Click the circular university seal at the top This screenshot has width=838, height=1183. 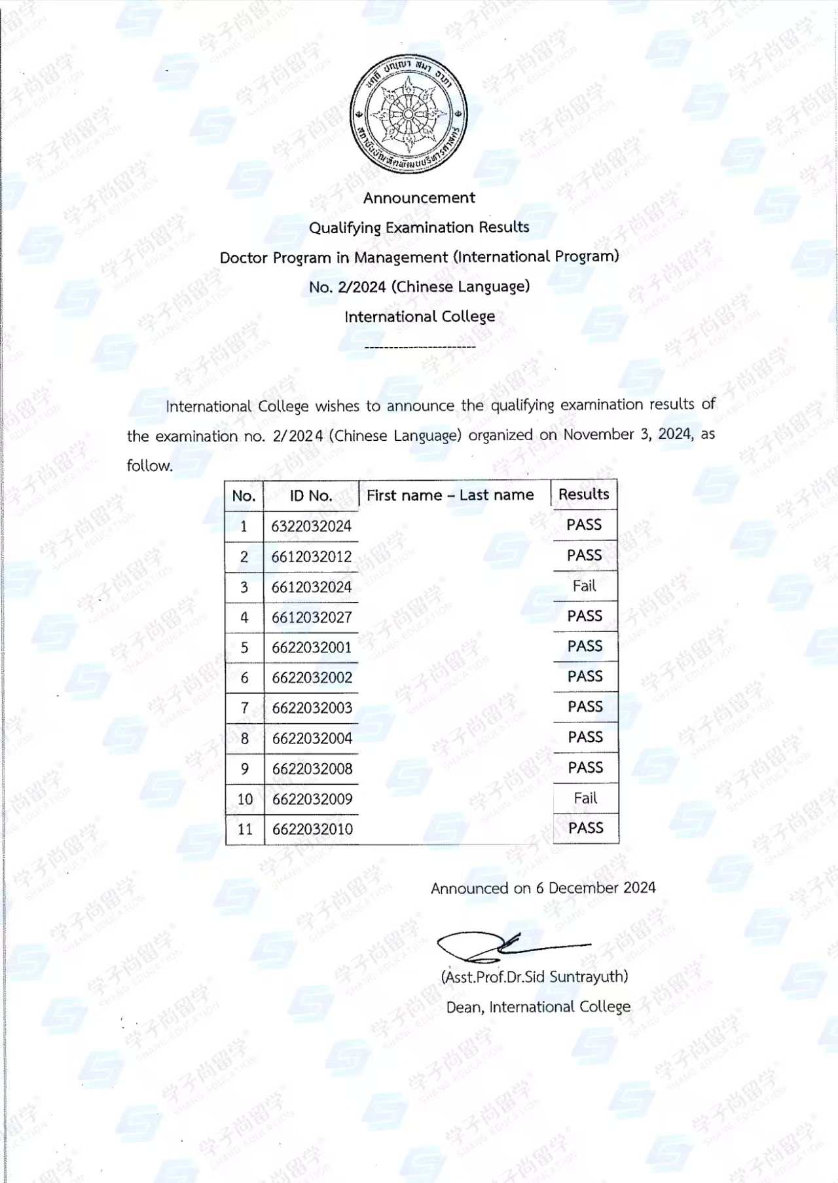click(409, 114)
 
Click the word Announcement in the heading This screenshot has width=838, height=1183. click(419, 198)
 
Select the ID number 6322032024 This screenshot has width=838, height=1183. click(311, 526)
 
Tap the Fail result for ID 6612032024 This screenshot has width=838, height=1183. click(584, 586)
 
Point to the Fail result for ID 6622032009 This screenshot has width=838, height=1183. click(585, 798)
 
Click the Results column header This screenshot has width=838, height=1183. click(583, 495)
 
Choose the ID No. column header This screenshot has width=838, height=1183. click(311, 496)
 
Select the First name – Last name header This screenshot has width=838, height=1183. click(450, 495)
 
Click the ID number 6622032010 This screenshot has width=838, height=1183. click(312, 829)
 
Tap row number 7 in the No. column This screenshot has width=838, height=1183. click(244, 708)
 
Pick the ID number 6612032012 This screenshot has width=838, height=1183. click(311, 557)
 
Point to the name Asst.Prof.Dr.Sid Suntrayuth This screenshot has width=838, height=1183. click(534, 977)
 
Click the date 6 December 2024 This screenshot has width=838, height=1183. click(595, 888)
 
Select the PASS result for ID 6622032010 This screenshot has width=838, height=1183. click(585, 828)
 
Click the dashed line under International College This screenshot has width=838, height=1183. click(420, 347)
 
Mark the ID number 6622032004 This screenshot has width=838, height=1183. click(312, 738)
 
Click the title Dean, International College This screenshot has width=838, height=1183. click(538, 1007)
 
